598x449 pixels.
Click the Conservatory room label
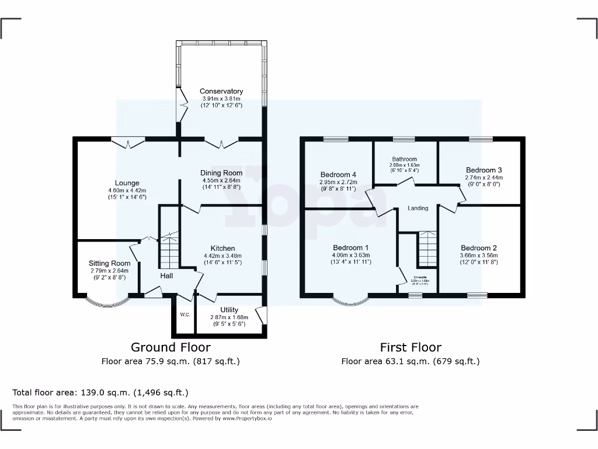click(x=221, y=91)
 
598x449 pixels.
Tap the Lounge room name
click(x=127, y=183)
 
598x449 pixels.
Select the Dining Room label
click(x=221, y=173)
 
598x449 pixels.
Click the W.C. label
click(x=185, y=315)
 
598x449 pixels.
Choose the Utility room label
click(x=229, y=310)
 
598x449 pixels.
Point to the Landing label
click(x=418, y=208)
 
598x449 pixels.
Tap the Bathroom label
click(x=405, y=159)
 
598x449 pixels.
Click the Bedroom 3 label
click(x=484, y=170)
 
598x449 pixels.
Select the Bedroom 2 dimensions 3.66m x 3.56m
click(x=479, y=255)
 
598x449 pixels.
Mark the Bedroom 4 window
click(x=336, y=139)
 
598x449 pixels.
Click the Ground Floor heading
click(x=171, y=347)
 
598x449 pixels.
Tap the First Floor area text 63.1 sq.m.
click(x=410, y=361)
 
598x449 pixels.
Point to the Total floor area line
click(x=100, y=392)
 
